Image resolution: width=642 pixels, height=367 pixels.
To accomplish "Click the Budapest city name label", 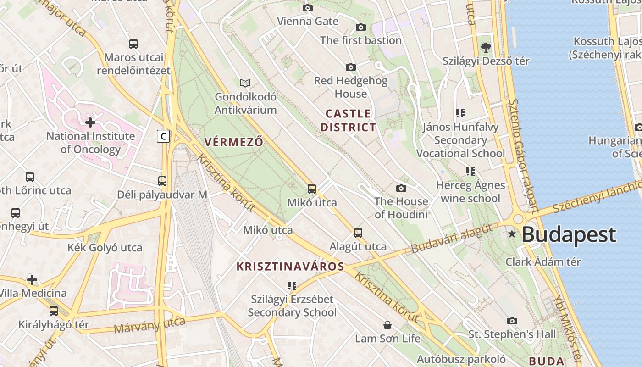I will click(569, 235).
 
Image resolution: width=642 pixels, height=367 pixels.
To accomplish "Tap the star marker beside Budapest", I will click(512, 234).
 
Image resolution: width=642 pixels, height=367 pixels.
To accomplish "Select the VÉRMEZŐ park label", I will click(234, 142).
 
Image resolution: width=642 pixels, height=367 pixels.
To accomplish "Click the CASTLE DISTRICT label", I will click(348, 120).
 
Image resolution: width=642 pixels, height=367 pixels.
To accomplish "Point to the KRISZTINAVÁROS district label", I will click(290, 267).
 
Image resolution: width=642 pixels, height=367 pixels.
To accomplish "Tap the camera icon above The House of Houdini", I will click(401, 188).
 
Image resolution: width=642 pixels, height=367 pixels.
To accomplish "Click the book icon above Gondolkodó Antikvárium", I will click(246, 83).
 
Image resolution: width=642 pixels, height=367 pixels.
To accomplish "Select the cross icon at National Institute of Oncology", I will click(90, 122).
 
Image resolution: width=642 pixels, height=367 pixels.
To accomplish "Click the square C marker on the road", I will click(163, 136).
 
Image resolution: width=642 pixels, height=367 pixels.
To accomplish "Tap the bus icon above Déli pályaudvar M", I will click(162, 181).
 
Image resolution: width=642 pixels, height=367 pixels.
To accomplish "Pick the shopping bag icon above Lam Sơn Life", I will click(387, 325).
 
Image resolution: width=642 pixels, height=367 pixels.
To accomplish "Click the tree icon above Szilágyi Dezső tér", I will click(486, 47).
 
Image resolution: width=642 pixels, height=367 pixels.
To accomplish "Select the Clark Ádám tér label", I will click(543, 262).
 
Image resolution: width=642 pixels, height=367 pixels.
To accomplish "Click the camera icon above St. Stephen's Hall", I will click(512, 321).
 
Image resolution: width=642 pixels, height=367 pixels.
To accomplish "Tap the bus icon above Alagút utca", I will click(358, 233).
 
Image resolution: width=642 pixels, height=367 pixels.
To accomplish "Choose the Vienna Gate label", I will click(308, 21).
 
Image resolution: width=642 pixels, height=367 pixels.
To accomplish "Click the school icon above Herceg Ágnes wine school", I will click(470, 172).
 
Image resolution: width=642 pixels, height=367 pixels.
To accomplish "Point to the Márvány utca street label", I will click(149, 325).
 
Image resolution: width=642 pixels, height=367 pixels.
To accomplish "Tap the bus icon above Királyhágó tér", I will click(54, 311).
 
